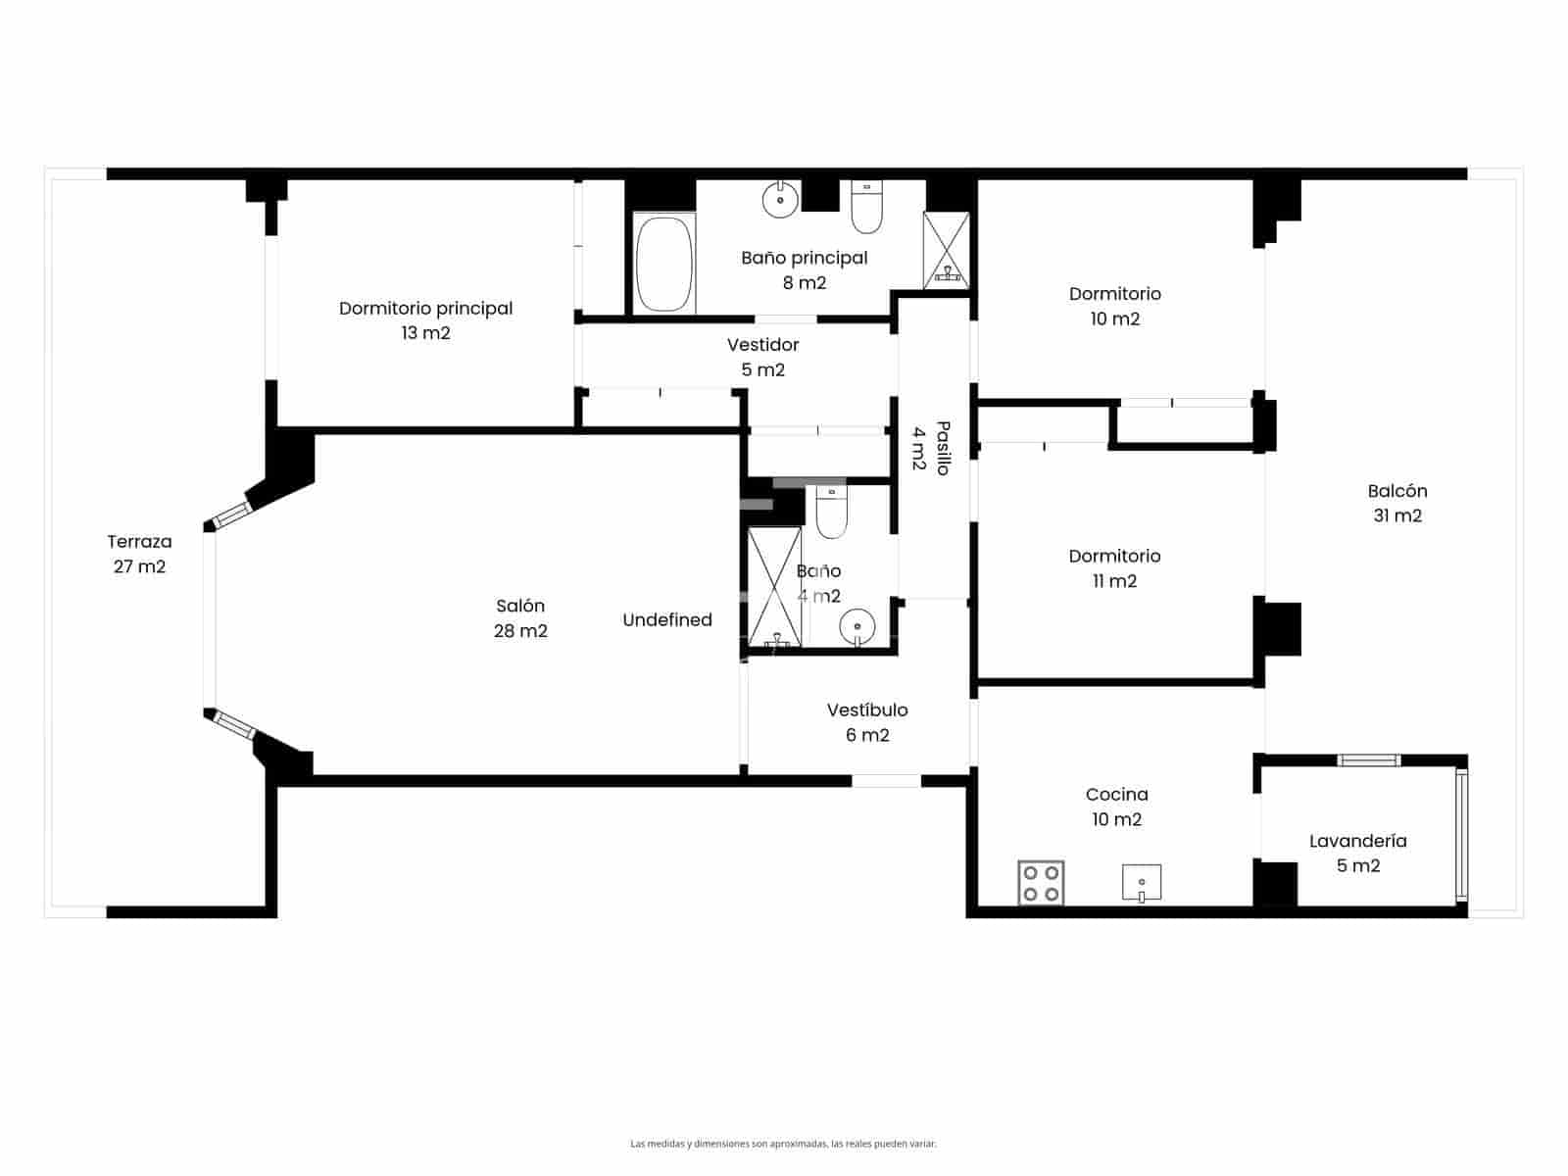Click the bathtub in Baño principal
(x=663, y=265)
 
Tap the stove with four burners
(x=1041, y=882)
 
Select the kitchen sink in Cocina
(x=1141, y=882)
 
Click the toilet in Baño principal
(x=866, y=208)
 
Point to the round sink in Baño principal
(x=780, y=200)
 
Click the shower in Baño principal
(x=946, y=251)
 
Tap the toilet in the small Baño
(x=831, y=514)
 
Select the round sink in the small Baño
(x=857, y=625)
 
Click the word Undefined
(x=667, y=619)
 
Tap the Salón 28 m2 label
(x=520, y=618)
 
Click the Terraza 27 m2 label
(x=139, y=554)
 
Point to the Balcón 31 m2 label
(x=1397, y=503)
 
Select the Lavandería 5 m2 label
(x=1357, y=853)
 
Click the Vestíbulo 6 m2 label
(x=867, y=722)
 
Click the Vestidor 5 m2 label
(x=762, y=357)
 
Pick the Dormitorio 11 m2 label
(x=1114, y=568)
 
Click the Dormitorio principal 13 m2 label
(x=425, y=320)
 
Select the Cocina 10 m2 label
(x=1116, y=807)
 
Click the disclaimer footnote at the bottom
(x=783, y=1143)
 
